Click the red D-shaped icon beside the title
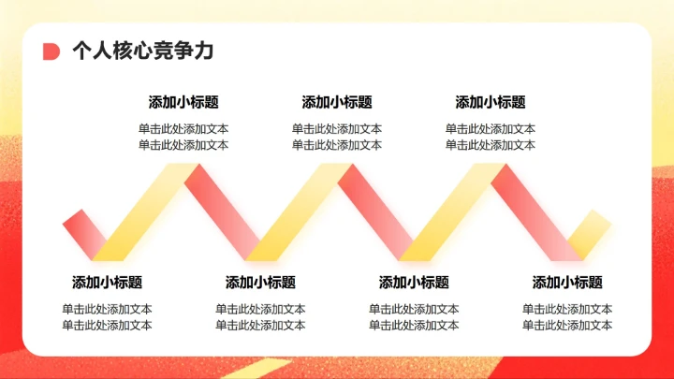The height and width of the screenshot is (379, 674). [x=51, y=51]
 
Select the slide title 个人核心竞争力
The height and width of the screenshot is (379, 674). [x=143, y=51]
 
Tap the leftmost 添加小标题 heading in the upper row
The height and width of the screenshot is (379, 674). [x=183, y=103]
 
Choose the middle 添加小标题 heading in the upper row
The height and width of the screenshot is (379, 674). [x=337, y=103]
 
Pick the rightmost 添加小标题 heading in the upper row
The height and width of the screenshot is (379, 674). [x=491, y=103]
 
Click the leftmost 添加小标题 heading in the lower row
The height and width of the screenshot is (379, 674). [x=107, y=283]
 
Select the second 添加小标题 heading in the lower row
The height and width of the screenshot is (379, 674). [x=260, y=283]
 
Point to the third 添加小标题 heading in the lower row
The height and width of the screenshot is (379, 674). [x=414, y=283]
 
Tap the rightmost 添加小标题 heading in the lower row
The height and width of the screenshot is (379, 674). [x=567, y=283]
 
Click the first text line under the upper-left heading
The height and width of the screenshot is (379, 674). [x=183, y=129]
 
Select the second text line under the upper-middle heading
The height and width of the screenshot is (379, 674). [x=337, y=145]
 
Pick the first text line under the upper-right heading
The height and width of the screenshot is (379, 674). [x=491, y=129]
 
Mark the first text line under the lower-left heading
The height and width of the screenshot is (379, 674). [x=107, y=309]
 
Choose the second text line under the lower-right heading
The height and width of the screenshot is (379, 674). [x=567, y=325]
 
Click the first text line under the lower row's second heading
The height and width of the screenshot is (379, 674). [x=260, y=309]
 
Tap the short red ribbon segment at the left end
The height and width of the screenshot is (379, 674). [x=83, y=232]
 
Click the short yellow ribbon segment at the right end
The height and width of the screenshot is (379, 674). [x=589, y=232]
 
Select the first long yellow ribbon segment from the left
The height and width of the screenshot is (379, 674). [x=146, y=212]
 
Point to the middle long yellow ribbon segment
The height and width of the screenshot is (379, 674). [x=300, y=212]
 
